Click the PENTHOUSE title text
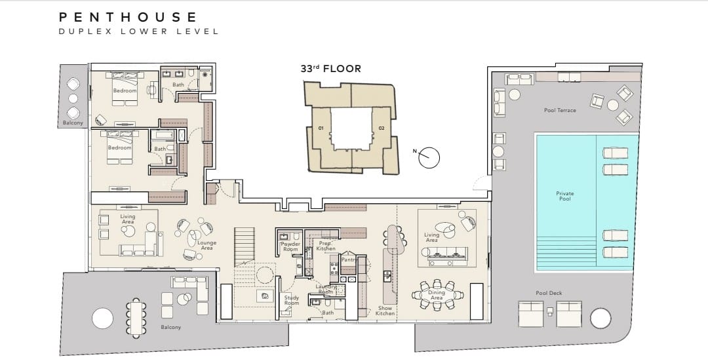tap(128, 17)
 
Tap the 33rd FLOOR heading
tap(331, 69)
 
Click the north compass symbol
tap(428, 157)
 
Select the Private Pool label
tap(565, 196)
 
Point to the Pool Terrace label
tap(560, 110)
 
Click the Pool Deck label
tap(549, 293)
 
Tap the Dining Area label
tap(436, 296)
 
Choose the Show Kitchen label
tap(385, 311)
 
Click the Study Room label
tap(292, 300)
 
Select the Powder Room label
tap(290, 246)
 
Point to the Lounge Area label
tap(206, 245)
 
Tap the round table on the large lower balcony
tap(102, 318)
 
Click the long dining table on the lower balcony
tap(136, 318)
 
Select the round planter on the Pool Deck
tap(600, 318)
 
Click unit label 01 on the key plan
tap(321, 128)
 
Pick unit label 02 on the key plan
tap(382, 128)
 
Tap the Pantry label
tap(349, 260)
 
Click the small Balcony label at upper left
tap(73, 123)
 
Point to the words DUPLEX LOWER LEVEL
tap(138, 31)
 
